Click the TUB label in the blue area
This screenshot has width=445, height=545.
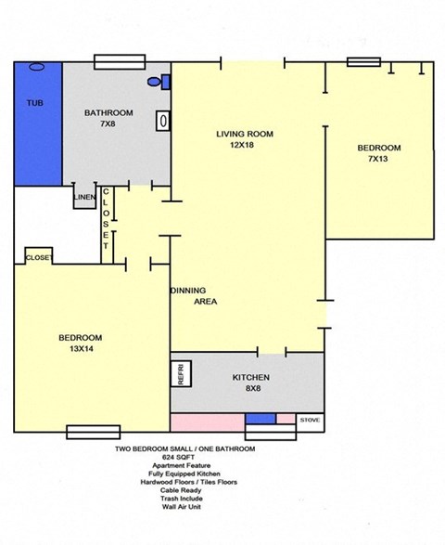[x=33, y=102]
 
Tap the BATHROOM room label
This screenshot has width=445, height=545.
[x=108, y=113]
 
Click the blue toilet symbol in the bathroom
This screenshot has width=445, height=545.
[x=166, y=82]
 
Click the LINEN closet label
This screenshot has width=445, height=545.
[x=84, y=195]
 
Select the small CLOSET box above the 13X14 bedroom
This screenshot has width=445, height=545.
[x=38, y=257]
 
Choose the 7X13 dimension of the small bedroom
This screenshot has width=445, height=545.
[x=379, y=160]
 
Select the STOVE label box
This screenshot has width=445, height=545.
[x=310, y=421]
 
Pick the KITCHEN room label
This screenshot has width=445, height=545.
[x=250, y=378]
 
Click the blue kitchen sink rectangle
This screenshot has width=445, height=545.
[x=261, y=420]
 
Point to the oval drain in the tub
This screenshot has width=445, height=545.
[x=37, y=67]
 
